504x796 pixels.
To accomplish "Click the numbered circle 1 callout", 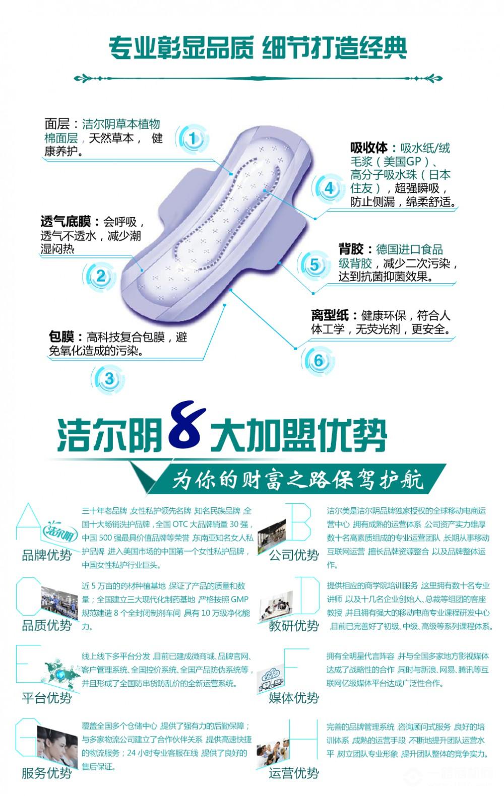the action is coord(193,138).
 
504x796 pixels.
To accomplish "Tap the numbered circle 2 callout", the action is coord(101,276).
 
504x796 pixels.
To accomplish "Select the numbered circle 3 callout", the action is coord(109,379).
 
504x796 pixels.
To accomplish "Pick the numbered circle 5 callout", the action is coord(314,264).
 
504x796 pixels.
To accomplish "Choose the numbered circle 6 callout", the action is coord(318,361).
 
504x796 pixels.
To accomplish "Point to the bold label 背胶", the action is coord(351,249).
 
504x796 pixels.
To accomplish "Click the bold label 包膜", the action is coord(61,337).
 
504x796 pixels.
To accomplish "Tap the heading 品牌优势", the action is coord(47,555).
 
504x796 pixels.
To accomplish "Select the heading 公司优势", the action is coord(294,555).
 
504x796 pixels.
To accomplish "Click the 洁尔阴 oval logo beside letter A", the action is coord(60,533).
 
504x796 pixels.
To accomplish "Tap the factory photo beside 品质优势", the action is coord(59,603).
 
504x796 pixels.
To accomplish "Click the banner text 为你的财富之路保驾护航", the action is coord(298,480).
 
